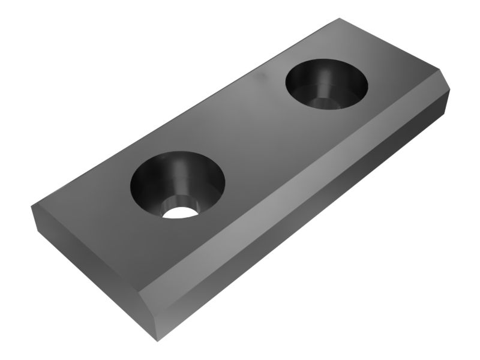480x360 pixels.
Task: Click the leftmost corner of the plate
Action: pos(31,208)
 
